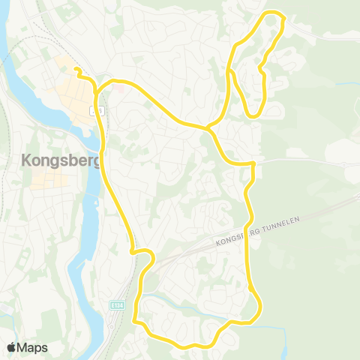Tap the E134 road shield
coord(116,305)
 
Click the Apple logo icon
coord(12,347)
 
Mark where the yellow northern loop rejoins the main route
coord(208,127)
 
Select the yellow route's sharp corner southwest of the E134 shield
coord(136,321)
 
